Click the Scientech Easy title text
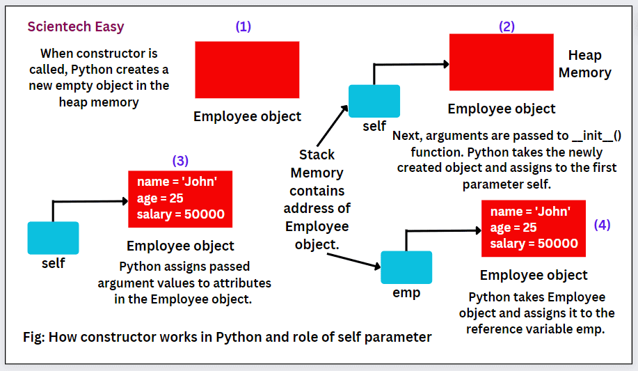point(76,27)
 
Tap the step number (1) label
point(244,27)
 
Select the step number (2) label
point(507,27)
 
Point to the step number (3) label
point(180,161)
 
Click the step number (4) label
point(602,225)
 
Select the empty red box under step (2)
point(501,62)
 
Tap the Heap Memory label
point(584,64)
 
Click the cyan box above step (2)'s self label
point(374,101)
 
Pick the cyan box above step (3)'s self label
point(53,237)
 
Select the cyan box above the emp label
point(406,267)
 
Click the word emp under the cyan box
point(406,293)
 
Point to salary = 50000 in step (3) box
point(180,214)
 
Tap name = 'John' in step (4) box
point(530,212)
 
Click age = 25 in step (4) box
point(513,228)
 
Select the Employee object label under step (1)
point(247,117)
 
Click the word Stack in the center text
point(317,155)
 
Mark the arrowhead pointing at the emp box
point(376,266)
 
